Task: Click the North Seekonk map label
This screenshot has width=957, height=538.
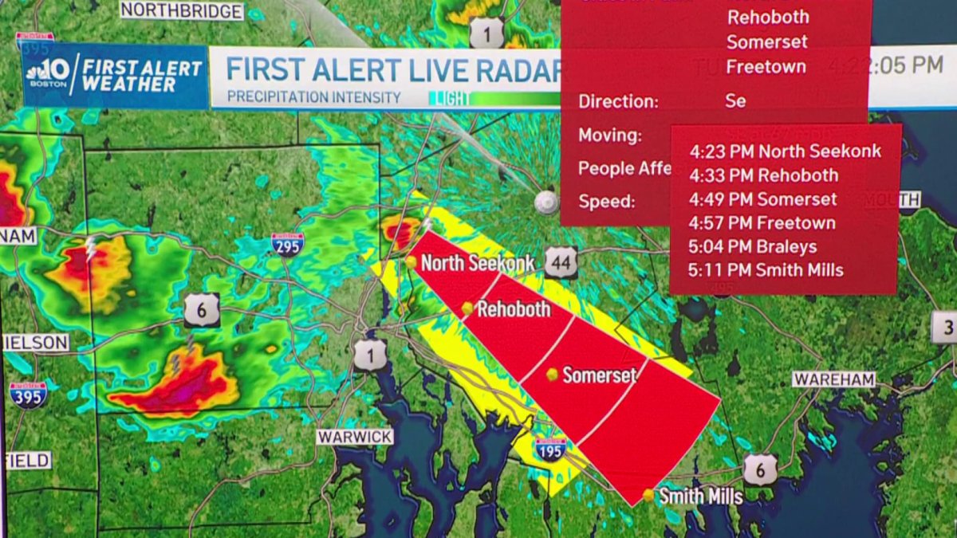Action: click(477, 263)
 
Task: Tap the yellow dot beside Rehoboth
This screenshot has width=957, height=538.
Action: click(467, 308)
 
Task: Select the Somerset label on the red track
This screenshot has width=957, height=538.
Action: click(600, 375)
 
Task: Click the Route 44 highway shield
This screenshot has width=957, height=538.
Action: click(561, 262)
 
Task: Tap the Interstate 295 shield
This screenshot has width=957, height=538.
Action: click(286, 244)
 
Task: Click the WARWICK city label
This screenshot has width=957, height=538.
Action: click(355, 437)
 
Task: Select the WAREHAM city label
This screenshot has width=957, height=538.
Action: click(834, 379)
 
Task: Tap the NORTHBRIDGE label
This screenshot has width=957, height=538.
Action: click(182, 11)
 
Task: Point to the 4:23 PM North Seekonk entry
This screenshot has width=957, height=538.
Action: click(785, 151)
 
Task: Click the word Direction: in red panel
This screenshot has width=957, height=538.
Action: click(618, 102)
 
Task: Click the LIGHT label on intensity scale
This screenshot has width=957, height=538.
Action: click(447, 99)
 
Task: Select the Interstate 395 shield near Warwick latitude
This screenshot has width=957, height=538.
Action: click(28, 395)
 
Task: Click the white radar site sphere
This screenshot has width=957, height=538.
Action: click(546, 202)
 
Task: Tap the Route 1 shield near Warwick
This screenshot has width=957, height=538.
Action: click(370, 355)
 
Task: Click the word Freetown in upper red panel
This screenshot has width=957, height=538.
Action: click(766, 67)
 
